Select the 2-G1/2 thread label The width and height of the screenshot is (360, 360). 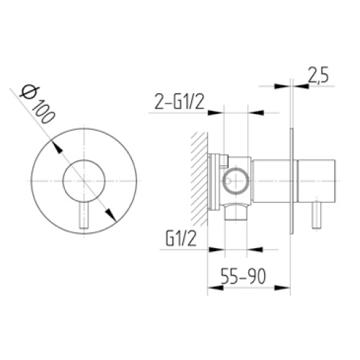pos(177,104)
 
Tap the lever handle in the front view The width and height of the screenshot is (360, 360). pos(84,215)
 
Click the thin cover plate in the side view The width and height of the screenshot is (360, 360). pos(291,180)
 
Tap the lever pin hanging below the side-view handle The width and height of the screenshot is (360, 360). pos(315,217)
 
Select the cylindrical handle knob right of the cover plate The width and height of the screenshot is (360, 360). pos(315,180)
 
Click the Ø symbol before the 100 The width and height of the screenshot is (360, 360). pos(28,92)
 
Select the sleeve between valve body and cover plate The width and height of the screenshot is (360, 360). pos(272,180)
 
